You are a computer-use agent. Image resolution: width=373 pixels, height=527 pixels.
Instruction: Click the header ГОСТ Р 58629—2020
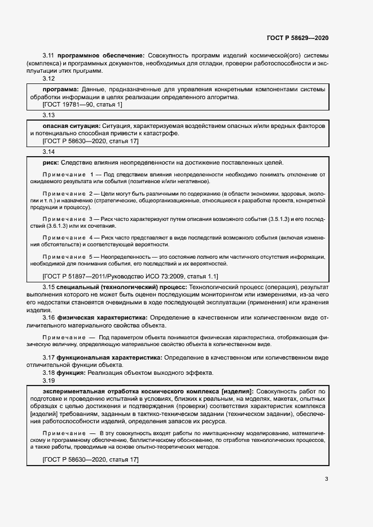pyautogui.click(x=297, y=38)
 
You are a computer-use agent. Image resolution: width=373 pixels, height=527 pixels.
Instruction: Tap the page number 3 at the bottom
pyautogui.click(x=326, y=480)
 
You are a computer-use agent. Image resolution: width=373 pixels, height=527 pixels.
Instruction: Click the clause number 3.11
pyautogui.click(x=49, y=56)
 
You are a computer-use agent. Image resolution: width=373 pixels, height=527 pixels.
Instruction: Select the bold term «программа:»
pyautogui.click(x=61, y=89)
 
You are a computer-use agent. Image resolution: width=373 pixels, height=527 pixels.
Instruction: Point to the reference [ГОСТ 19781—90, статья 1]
pyautogui.click(x=82, y=104)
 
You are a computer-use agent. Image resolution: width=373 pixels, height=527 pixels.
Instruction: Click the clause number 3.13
pyautogui.click(x=49, y=115)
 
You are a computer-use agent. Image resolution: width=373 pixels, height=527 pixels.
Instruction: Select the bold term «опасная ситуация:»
pyautogui.click(x=70, y=125)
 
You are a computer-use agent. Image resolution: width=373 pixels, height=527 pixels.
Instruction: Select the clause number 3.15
pyautogui.click(x=49, y=287)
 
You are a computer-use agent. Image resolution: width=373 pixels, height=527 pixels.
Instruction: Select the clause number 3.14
pyautogui.click(x=49, y=152)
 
